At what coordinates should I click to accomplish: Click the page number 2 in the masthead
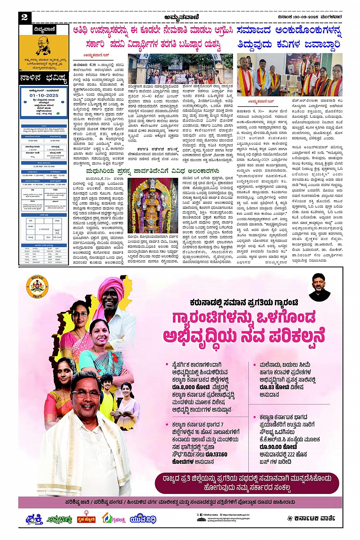tap(24, 17)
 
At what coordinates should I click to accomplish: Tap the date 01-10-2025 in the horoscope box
tap(44, 96)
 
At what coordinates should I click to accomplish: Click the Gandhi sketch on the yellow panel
tap(43, 45)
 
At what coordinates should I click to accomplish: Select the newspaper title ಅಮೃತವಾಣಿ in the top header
tap(182, 17)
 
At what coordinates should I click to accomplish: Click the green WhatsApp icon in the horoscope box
tap(58, 113)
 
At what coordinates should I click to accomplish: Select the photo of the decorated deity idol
tap(152, 206)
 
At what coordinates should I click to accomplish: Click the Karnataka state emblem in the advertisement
tap(37, 287)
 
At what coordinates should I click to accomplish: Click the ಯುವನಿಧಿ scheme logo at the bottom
tap(143, 519)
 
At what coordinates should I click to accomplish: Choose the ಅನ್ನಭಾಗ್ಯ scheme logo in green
tap(59, 519)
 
